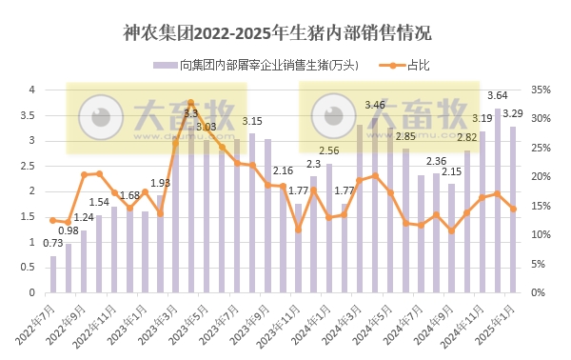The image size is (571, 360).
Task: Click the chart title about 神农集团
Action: coord(277,33)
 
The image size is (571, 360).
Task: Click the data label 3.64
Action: coord(497,96)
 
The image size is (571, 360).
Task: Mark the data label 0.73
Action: coord(53,244)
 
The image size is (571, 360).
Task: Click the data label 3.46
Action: coord(375,105)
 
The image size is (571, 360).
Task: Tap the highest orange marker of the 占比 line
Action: coord(190,103)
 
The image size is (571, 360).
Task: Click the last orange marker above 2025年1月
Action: coord(513,209)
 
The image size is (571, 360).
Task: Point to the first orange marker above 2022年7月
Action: coord(53,220)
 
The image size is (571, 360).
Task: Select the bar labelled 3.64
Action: coord(497,200)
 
